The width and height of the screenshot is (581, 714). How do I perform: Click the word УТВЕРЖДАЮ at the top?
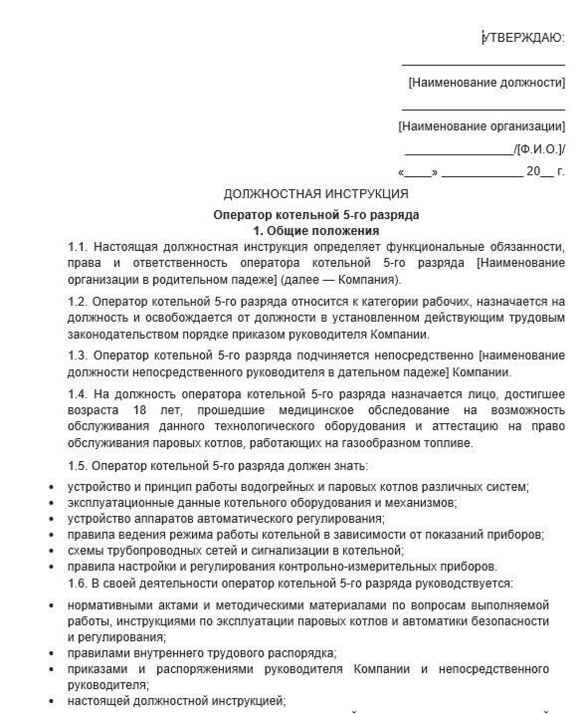[524, 38]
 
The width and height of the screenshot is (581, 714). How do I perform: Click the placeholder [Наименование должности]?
[486, 83]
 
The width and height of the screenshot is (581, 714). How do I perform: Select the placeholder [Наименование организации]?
[482, 126]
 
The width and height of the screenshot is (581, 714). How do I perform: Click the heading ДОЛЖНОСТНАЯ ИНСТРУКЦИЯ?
[316, 194]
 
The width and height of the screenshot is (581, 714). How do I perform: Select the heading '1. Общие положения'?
[316, 231]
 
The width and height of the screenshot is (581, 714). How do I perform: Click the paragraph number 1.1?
[78, 247]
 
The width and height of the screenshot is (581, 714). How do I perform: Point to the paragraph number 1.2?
[77, 302]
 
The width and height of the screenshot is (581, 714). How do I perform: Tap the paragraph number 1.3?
[78, 356]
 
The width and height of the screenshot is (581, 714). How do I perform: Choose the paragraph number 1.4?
[78, 394]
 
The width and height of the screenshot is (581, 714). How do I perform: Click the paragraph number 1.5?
[77, 466]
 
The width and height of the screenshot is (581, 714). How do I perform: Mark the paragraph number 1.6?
[77, 584]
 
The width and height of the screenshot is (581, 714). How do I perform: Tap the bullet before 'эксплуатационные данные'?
[52, 503]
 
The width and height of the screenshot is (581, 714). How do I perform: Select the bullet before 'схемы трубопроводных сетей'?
[52, 551]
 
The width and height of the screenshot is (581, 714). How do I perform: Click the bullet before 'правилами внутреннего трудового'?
[52, 653]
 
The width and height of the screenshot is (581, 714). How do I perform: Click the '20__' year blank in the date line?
[539, 172]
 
